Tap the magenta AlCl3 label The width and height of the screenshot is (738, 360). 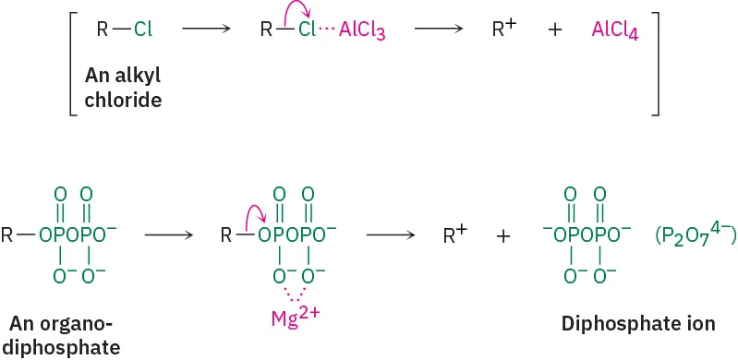[x=362, y=30]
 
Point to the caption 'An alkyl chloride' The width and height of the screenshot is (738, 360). [x=123, y=87]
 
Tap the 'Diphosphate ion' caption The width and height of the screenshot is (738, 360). [x=638, y=324]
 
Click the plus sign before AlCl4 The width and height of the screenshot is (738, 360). [x=555, y=30]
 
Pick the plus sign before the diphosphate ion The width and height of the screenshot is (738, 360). [x=503, y=236]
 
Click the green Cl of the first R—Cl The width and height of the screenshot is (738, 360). [x=143, y=30]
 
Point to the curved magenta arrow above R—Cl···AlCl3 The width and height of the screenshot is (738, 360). [x=296, y=12]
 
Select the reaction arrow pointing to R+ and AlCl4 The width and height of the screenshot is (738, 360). [x=438, y=30]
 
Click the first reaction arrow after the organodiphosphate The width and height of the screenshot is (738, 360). [x=168, y=235]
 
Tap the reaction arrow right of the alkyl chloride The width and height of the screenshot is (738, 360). [x=207, y=30]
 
